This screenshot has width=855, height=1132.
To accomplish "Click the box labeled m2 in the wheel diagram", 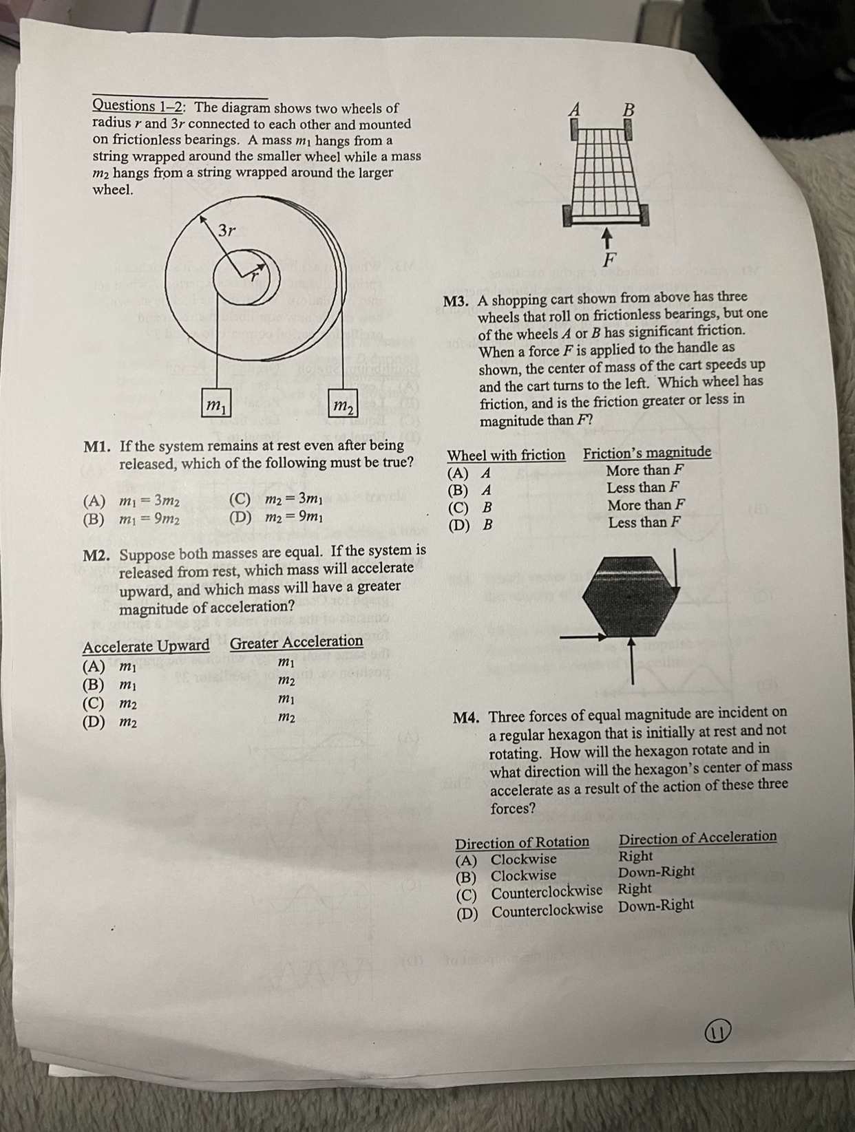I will coord(343,405).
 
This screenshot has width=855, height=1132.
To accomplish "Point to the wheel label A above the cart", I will coord(575,109).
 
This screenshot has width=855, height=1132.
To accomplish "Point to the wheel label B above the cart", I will coord(628,109).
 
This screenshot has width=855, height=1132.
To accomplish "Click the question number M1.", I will coord(98,447).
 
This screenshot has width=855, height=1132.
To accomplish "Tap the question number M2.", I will coord(98,555).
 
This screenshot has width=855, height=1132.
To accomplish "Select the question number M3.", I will coord(456,301).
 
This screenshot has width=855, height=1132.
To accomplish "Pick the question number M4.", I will coord(466,717).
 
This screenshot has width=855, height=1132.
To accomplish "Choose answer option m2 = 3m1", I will coord(294,498).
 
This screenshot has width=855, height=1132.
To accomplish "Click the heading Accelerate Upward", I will coord(146,647).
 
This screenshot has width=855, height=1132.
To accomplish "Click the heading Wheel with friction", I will coord(506,456).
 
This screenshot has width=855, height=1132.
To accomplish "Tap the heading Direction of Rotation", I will coord(522,842).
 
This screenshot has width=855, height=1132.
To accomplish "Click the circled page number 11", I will coord(717,1032).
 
